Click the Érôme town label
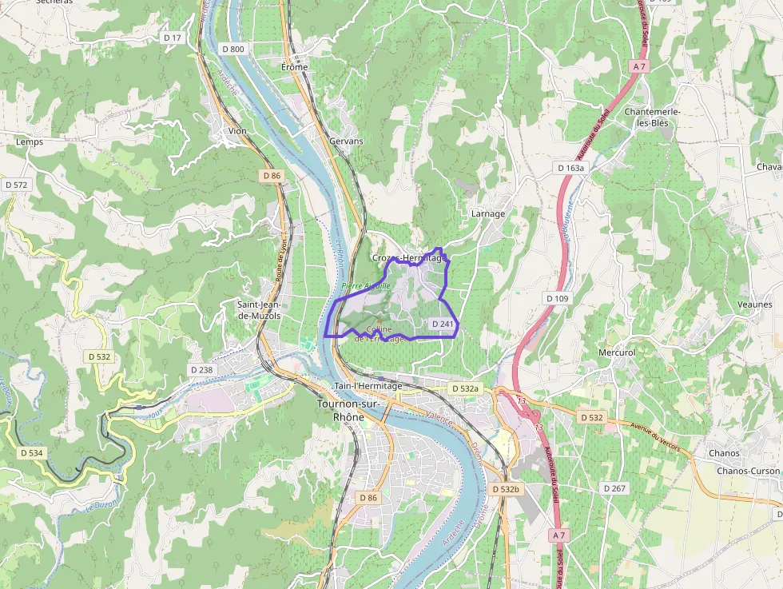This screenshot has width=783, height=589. point(294,67)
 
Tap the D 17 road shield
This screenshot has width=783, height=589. point(173,38)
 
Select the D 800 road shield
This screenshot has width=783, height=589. point(233,49)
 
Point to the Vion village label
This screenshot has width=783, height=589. point(237,130)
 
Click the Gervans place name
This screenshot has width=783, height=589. point(346,141)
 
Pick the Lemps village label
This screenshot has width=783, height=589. point(30,141)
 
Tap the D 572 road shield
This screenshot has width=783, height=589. point(16,185)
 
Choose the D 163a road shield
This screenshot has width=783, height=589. point(570,168)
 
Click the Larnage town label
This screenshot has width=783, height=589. point(488,213)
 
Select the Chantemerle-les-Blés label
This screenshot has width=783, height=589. point(652,117)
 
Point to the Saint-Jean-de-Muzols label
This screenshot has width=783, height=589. point(258,310)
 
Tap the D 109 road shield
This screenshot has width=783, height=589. point(557,298)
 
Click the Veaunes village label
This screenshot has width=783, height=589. point(754,304)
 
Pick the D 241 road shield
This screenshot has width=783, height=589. point(442,324)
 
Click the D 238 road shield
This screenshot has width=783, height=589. point(202,370)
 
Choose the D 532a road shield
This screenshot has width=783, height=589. point(464,388)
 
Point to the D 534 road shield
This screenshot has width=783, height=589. point(30,453)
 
